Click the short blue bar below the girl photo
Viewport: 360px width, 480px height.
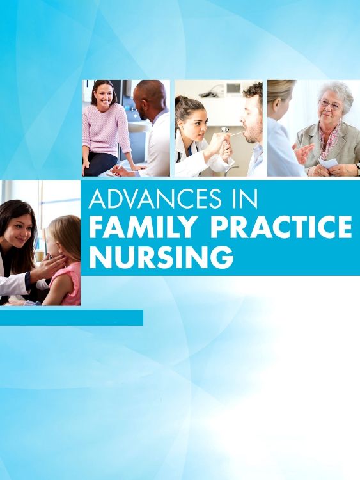[72, 318]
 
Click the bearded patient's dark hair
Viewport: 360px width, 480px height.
[254, 93]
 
